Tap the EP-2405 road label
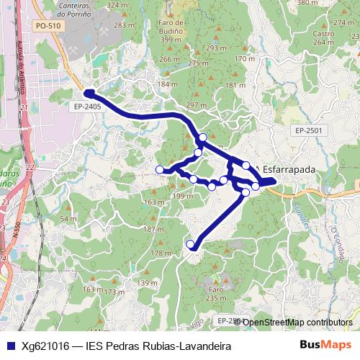(86, 106)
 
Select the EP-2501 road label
(308, 130)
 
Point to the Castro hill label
(323, 33)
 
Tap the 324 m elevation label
(117, 5)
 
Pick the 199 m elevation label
(184, 196)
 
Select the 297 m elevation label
(197, 105)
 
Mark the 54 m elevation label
(68, 219)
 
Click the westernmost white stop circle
(160, 170)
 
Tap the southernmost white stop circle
(191, 245)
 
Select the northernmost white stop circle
(203, 137)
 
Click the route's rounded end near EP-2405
(88, 93)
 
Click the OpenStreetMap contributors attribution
(297, 322)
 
